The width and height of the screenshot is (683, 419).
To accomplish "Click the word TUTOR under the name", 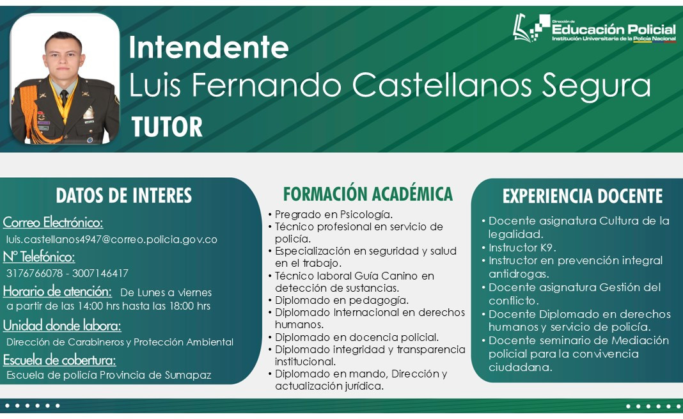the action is tap(168, 127).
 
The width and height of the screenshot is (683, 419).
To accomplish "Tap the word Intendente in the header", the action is tap(208, 47).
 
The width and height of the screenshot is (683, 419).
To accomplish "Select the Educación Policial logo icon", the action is tap(531, 28).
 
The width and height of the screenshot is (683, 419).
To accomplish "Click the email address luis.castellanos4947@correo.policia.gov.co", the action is tap(111, 239).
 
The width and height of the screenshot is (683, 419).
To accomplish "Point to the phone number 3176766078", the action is tap(35, 274).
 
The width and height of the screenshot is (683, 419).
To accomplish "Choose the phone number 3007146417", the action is tap(100, 274).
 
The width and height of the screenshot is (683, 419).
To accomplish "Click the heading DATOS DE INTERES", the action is tap(123, 196).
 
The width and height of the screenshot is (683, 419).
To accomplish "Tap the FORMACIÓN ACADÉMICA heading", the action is tap(368, 194).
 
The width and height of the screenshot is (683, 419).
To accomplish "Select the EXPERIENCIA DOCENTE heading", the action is tap(583, 196).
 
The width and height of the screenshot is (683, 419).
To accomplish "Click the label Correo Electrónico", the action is tap(53, 223).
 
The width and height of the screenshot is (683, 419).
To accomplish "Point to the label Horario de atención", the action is tap(58, 291).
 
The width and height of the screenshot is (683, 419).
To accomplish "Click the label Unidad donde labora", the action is tap(62, 326).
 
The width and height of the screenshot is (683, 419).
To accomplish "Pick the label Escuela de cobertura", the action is tap(59, 360).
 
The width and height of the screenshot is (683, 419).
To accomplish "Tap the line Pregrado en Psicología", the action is tap(334, 215).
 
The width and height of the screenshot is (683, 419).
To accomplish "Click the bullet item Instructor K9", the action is tap(522, 248).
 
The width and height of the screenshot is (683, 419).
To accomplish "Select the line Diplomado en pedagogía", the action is tap(341, 301).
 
